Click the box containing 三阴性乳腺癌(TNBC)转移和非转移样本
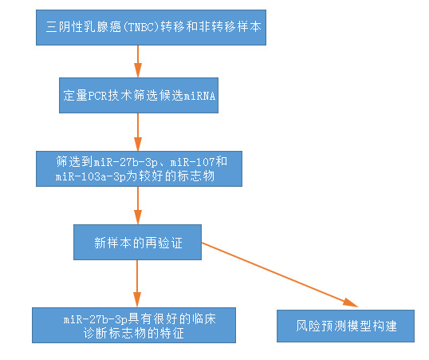pyautogui.click(x=151, y=27)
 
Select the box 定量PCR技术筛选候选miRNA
pyautogui.click(x=139, y=95)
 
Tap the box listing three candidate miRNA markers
pyautogui.click(x=139, y=168)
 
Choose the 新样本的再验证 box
pyautogui.click(x=138, y=243)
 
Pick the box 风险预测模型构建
pyautogui.click(x=345, y=326)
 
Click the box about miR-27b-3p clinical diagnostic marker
pyautogui.click(x=134, y=325)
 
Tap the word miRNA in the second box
pyautogui.click(x=199, y=96)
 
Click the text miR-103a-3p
pyautogui.click(x=91, y=176)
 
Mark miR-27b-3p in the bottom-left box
pyautogui.click(x=96, y=319)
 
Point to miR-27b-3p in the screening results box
pyautogui.click(x=125, y=162)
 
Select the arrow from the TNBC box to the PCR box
pyautogui.click(x=138, y=61)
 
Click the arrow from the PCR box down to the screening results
pyautogui.click(x=138, y=132)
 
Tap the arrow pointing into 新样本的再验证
pyautogui.click(x=138, y=205)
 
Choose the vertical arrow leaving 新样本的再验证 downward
pyautogui.click(x=137, y=283)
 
